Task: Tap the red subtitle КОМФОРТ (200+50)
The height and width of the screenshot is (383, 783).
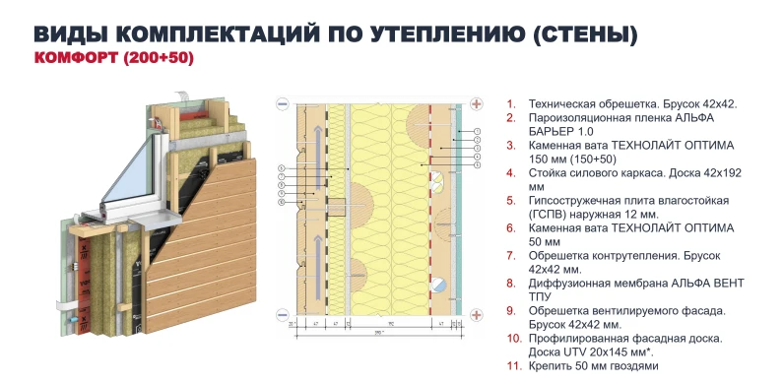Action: coord(114,60)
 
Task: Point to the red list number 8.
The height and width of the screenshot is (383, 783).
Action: coord(511,283)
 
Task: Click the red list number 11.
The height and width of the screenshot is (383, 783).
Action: coord(512,365)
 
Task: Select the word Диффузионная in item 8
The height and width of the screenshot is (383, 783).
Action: coord(570,283)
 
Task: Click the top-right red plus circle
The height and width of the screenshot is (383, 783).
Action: coord(477,102)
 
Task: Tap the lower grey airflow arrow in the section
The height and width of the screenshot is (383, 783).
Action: coord(316,258)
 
